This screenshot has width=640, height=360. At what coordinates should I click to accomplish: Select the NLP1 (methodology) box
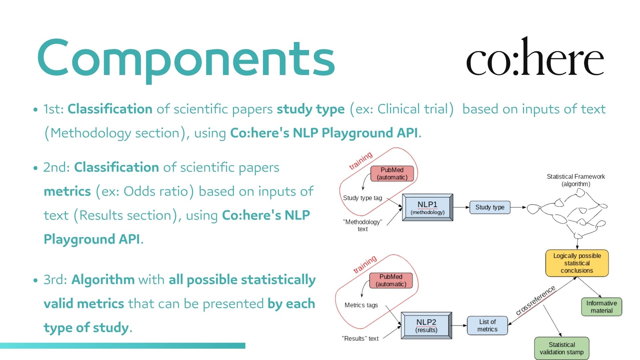tap(427, 207)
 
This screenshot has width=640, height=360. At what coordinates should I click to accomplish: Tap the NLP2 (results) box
tap(426, 325)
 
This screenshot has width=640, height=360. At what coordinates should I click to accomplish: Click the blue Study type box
tap(490, 207)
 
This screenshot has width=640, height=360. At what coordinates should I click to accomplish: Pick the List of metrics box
tap(487, 325)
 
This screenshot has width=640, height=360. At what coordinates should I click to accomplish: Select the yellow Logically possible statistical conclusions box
tap(577, 263)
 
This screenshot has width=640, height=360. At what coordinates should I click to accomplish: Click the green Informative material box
tap(601, 307)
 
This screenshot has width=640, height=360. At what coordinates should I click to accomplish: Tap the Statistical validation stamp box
tap(562, 348)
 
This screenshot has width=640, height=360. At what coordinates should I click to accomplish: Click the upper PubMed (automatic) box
tap(392, 174)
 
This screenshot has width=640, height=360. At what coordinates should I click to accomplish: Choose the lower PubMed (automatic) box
tap(391, 280)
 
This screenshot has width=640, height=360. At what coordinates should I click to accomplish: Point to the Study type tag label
tap(362, 198)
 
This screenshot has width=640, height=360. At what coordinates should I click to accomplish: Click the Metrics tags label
tap(361, 305)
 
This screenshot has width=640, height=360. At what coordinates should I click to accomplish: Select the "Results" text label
tap(360, 339)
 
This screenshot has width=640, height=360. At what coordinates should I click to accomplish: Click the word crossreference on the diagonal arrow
tap(535, 300)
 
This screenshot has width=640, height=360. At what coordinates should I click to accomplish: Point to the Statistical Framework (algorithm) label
tap(576, 180)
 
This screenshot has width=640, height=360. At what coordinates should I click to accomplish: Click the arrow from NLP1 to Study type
tap(461, 207)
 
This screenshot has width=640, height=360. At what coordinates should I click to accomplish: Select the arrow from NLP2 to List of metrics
tap(459, 325)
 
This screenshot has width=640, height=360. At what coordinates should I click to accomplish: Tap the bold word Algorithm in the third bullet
tap(103, 280)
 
